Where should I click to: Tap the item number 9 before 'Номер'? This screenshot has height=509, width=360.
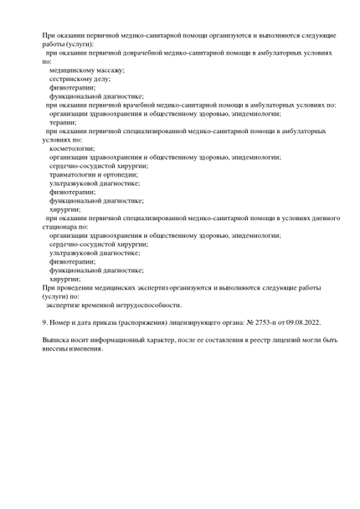44,321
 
